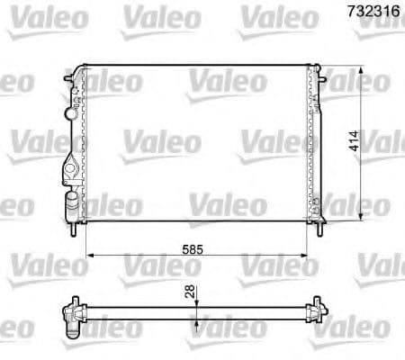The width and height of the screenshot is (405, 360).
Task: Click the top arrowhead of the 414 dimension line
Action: (363, 70)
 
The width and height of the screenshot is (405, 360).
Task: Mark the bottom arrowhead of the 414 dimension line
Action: (363, 216)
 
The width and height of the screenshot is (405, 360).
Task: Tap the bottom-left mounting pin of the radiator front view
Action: (72, 229)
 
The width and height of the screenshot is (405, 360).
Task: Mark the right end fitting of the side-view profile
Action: (316, 314)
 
